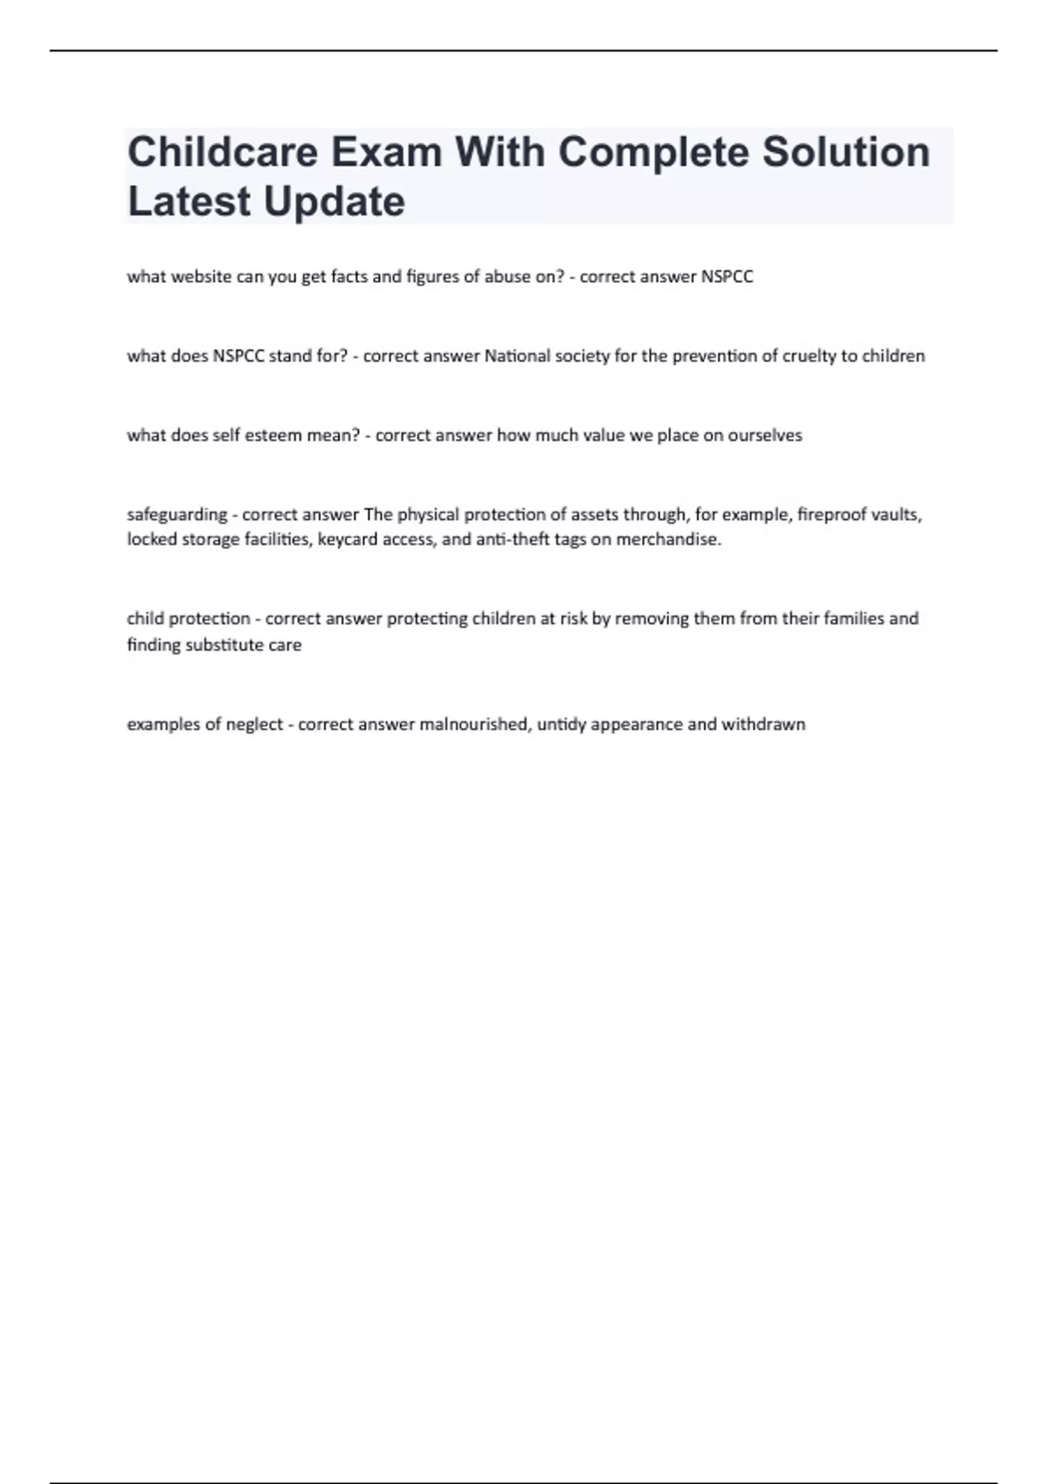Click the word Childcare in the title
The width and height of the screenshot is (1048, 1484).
tap(223, 153)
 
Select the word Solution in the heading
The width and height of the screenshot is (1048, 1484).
tap(845, 153)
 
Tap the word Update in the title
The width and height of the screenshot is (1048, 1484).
tap(334, 203)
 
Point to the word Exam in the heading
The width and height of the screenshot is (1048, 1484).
tap(386, 153)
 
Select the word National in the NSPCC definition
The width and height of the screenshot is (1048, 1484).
tap(517, 356)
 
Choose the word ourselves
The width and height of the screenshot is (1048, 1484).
tap(764, 436)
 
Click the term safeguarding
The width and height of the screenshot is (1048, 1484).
tap(176, 515)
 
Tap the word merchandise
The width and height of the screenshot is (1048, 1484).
tap(668, 539)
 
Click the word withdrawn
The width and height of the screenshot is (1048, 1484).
tap(762, 725)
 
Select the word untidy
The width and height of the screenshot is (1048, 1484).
tap(562, 725)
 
